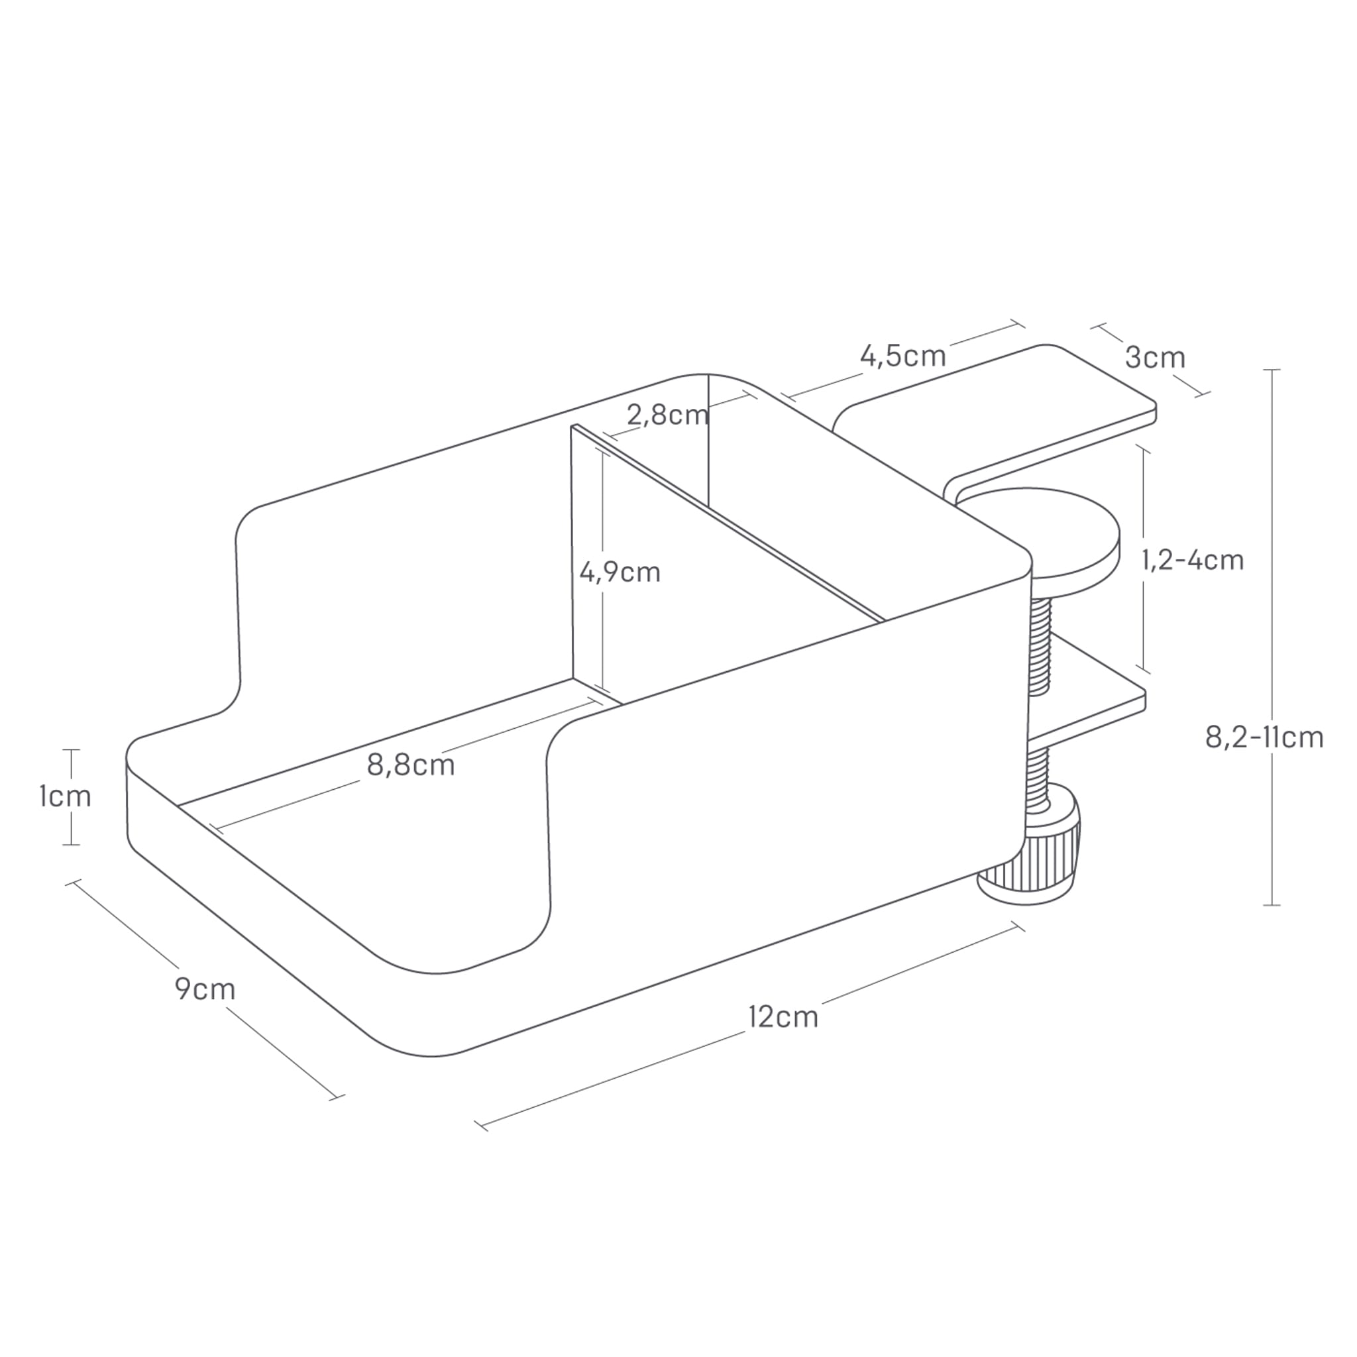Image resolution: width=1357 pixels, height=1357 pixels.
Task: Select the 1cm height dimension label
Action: pos(66,796)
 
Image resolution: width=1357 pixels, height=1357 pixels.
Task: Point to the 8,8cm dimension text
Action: pos(411,765)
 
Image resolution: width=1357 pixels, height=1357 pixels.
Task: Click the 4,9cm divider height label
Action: pos(620,572)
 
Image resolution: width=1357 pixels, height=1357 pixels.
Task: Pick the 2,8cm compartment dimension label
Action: pos(667,415)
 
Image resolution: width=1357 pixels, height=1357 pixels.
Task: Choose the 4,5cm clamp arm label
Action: pos(903,356)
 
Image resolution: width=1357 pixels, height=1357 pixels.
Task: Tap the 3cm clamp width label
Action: pos(1155,358)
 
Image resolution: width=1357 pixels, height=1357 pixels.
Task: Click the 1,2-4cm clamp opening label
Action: pos(1192,560)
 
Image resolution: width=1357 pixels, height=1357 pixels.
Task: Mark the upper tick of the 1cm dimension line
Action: pos(70,750)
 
